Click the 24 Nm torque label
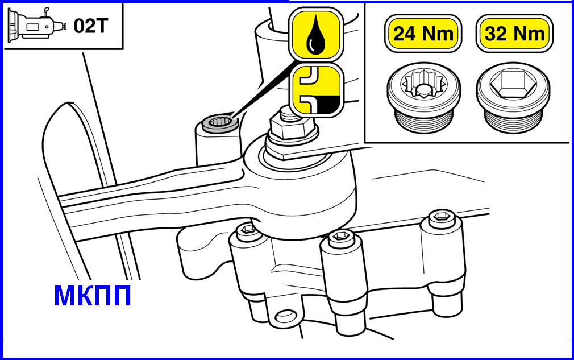tap(423, 34)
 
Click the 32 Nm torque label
tap(514, 34)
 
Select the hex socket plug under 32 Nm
tap(513, 97)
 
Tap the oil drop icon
tap(316, 35)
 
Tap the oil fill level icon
tap(317, 90)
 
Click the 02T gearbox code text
tap(91, 26)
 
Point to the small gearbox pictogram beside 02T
tap(36, 24)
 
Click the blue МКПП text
tap(92, 296)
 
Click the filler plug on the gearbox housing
tap(219, 122)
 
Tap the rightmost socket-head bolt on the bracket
tap(442, 217)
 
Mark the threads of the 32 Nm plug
tap(513, 121)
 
